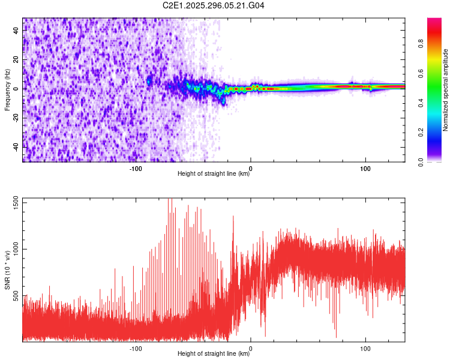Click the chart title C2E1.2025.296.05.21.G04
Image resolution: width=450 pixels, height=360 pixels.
(214, 5)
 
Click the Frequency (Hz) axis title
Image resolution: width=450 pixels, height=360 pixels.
(7, 89)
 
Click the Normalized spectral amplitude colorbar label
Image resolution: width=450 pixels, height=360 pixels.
(446, 90)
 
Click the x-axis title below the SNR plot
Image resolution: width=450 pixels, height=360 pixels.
(214, 354)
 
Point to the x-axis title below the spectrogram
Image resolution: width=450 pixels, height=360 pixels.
(214, 174)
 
